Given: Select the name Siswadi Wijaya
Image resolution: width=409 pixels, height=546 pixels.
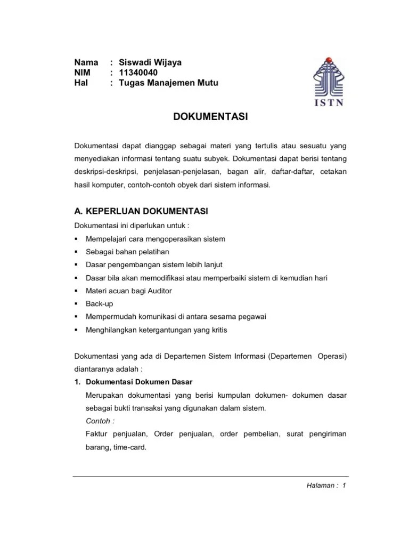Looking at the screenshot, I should point(150,62).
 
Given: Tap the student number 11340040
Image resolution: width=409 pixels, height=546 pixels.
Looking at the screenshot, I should point(138,73).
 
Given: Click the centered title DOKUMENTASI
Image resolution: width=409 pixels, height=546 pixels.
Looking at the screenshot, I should point(211,117).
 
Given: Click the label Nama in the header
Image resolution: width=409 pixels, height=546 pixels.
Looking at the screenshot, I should point(86,62).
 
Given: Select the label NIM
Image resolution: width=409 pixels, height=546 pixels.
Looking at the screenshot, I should point(83,73).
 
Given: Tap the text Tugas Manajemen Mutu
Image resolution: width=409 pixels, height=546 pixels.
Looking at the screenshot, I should point(169,83).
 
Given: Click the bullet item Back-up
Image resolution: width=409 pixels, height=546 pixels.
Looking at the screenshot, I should point(100,304).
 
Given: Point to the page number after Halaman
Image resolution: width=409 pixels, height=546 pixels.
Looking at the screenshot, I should point(345,486).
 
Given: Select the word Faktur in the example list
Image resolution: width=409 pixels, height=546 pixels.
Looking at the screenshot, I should point(96,434).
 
